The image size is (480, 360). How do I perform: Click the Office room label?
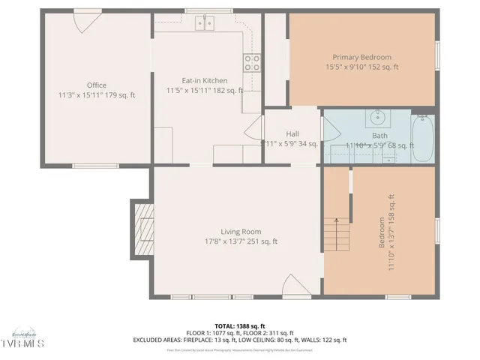tap(96, 85)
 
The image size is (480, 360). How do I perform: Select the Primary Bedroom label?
tap(362, 57)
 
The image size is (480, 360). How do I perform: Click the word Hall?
tap(292, 134)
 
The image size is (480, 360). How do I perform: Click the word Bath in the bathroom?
tap(379, 136)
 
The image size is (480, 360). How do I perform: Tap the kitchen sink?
tap(205, 23)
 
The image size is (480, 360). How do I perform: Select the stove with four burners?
tap(251, 61)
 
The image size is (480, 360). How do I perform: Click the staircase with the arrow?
tap(337, 234)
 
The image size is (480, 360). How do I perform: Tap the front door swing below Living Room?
tap(293, 286)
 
